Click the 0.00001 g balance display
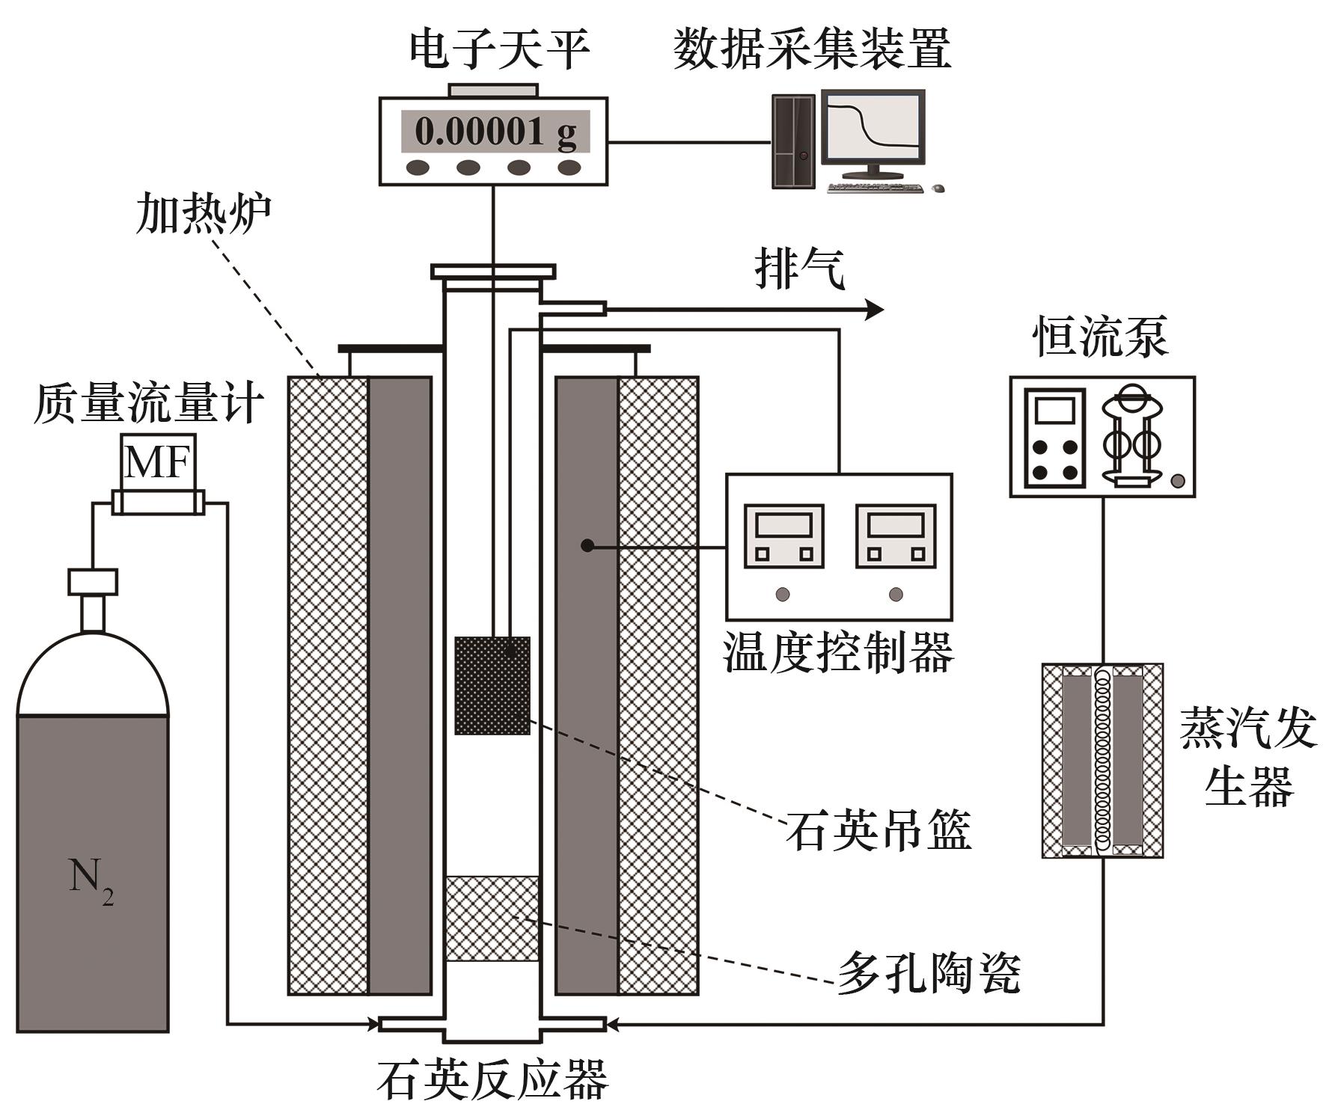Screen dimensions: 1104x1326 (x=495, y=132)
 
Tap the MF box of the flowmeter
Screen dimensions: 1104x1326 (x=157, y=461)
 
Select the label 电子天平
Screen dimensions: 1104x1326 (x=500, y=49)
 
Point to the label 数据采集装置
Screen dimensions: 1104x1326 (x=811, y=49)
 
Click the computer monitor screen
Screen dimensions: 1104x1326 (x=872, y=127)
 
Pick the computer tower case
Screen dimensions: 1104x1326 (x=793, y=141)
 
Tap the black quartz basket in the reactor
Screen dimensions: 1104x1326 (x=492, y=685)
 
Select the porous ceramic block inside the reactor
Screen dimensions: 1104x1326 (x=492, y=918)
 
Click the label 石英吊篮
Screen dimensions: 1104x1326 (x=877, y=830)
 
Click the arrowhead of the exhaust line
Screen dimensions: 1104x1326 (x=874, y=308)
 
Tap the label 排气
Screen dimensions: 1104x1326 (x=799, y=269)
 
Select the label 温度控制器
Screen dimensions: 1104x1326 (x=838, y=652)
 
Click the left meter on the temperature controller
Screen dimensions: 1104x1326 (x=783, y=536)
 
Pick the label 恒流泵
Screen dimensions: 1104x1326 (x=1100, y=337)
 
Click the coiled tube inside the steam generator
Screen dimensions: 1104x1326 (x=1102, y=759)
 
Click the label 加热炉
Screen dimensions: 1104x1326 (x=203, y=215)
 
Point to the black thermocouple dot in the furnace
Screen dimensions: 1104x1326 (x=587, y=546)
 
